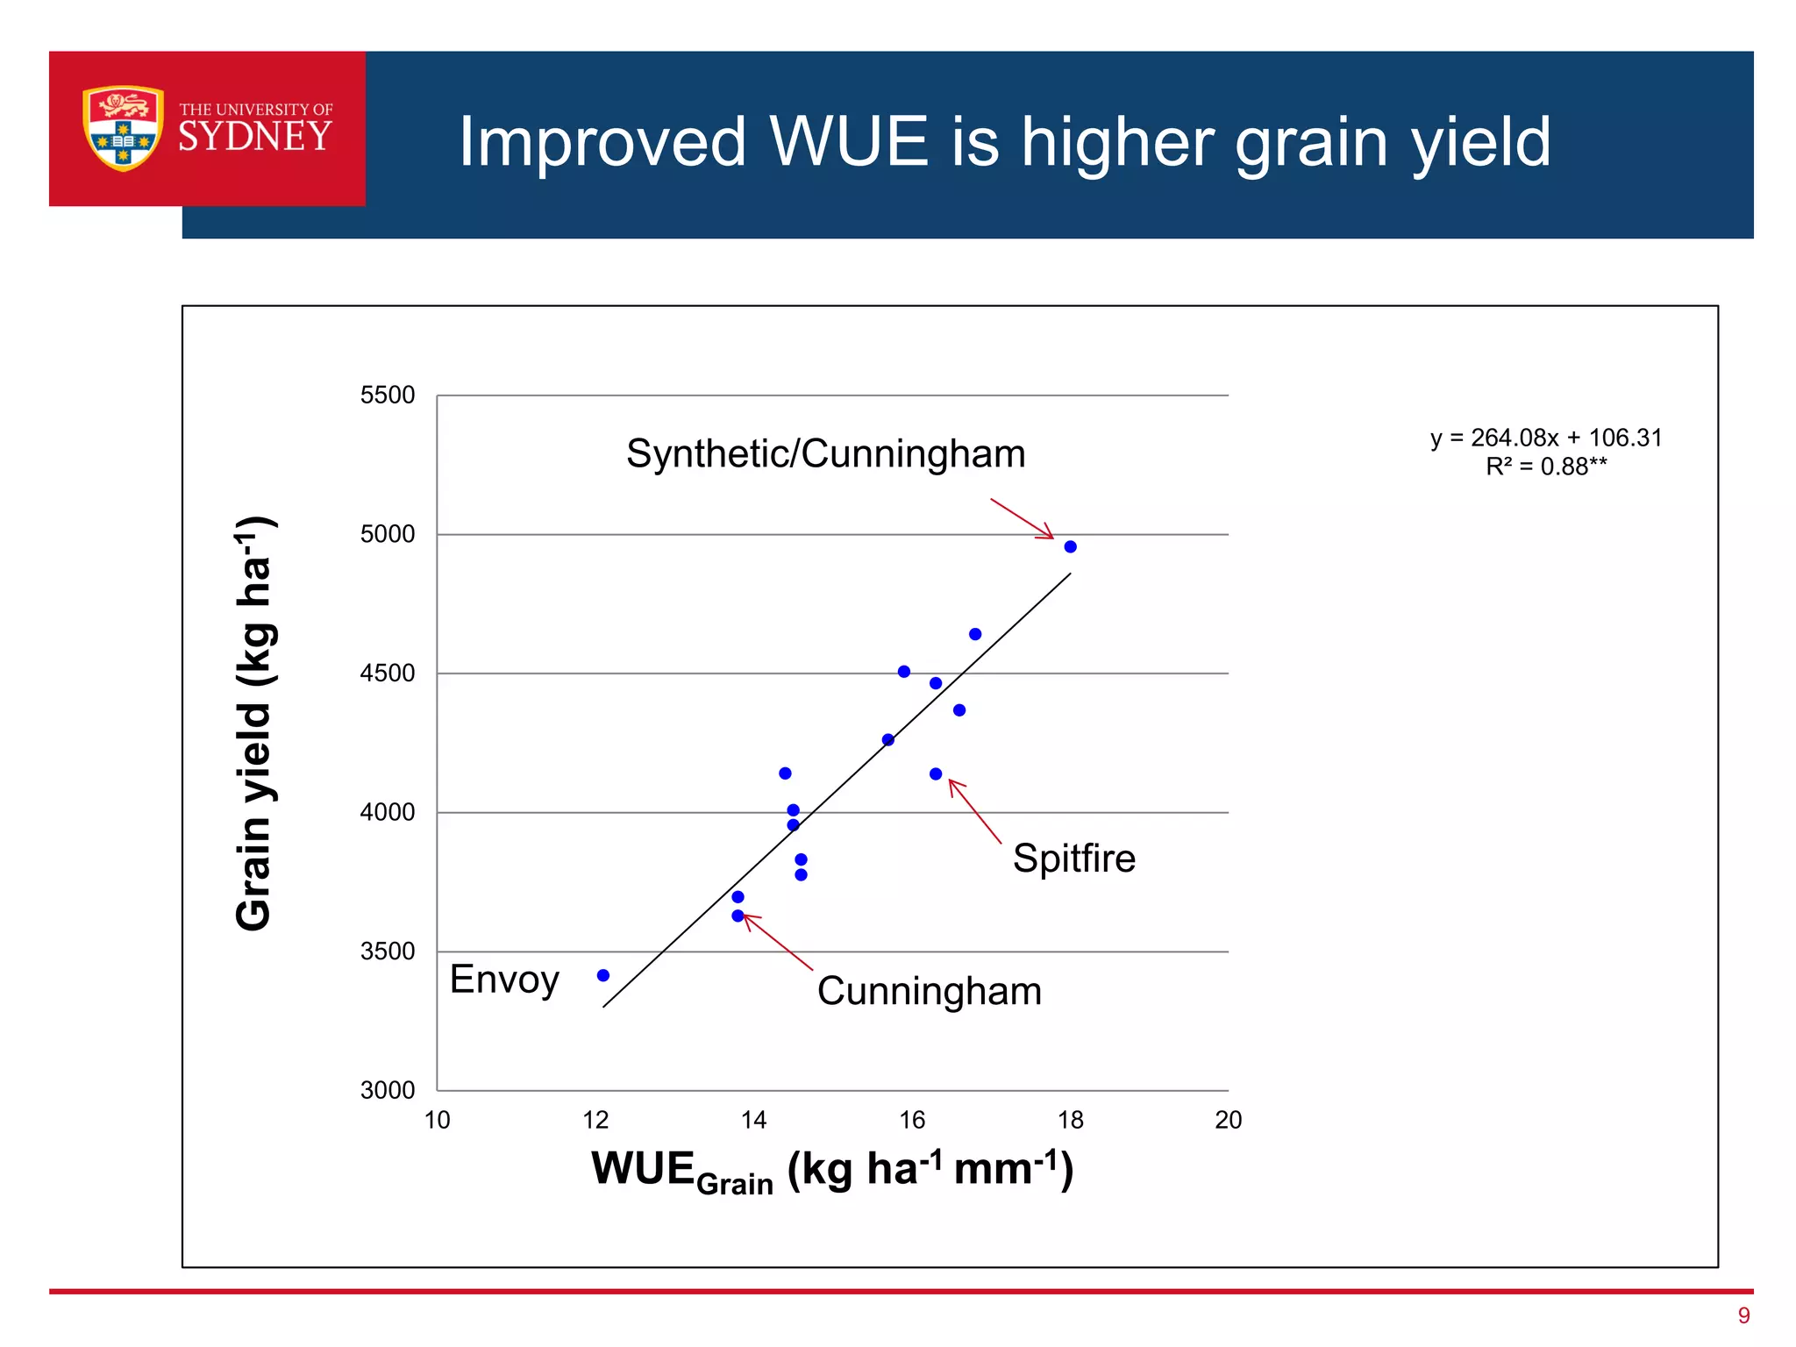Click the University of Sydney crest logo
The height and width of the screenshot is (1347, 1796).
coord(123,128)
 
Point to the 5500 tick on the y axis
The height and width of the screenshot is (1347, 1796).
coord(388,396)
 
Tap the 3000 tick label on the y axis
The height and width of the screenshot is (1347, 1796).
coord(388,1090)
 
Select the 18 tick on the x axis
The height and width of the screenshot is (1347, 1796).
coord(1071,1120)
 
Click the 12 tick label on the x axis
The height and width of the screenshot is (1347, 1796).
coord(595,1120)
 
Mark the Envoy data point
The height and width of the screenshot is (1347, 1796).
coord(603,975)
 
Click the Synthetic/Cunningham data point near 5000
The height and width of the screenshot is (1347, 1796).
coord(1070,547)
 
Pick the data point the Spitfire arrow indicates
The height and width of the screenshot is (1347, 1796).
coord(936,773)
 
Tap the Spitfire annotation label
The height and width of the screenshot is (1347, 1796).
coord(1074,858)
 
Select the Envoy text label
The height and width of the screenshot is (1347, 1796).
coord(504,980)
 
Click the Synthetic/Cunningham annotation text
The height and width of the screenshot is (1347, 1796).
coord(825,454)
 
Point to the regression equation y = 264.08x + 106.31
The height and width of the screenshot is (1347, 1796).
coord(1546,438)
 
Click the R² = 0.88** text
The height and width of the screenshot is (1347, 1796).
coord(1546,467)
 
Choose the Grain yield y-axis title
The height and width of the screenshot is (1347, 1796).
coord(255,723)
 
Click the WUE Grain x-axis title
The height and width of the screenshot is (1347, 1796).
coord(831,1170)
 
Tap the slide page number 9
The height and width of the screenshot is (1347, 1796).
coord(1743,1315)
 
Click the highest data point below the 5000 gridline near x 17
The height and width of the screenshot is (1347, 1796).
coord(975,634)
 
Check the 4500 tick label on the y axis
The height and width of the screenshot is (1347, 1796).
coord(388,673)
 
